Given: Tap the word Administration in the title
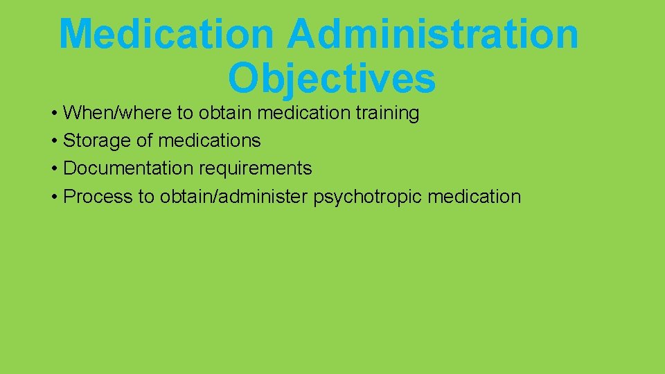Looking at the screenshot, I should (x=433, y=33).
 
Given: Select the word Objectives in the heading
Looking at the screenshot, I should (x=331, y=78).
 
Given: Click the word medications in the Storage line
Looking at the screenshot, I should (x=209, y=141).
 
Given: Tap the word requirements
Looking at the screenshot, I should (x=255, y=168).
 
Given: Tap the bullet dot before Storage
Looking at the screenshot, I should (x=54, y=141).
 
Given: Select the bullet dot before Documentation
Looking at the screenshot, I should (x=54, y=169).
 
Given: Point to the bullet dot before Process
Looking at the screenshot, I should (x=54, y=197).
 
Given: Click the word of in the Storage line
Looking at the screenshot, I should (x=144, y=141).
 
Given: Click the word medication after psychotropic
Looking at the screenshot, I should (x=474, y=197).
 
